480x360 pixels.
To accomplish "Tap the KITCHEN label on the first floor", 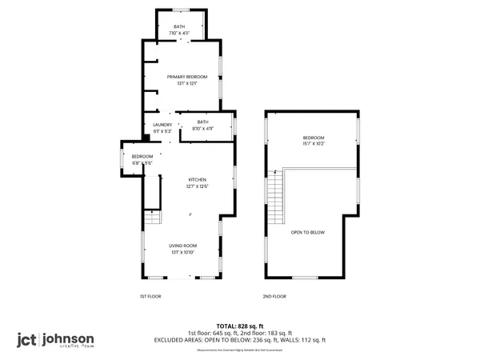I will coord(198,179).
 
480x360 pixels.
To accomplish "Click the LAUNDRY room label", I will coord(162,124).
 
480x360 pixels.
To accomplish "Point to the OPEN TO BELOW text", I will coord(307,232).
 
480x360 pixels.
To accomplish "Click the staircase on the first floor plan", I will coord(152,216).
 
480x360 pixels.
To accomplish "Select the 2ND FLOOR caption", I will coord(274,296).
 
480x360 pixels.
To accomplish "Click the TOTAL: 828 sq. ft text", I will coord(239,326).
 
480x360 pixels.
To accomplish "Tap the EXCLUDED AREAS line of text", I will coord(239,340).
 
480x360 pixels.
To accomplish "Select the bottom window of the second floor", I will coord(305,277).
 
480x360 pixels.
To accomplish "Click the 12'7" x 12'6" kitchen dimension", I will coord(198,186).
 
